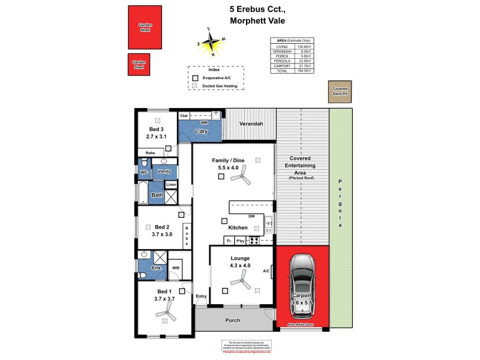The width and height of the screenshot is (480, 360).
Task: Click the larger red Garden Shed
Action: pos(145,27)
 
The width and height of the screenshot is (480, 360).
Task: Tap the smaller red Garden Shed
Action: pos(139,65)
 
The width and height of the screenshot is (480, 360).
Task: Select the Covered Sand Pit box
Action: pos(340,91)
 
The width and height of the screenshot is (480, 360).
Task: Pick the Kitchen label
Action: pos(238,228)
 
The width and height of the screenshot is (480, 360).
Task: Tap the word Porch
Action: pos(232,320)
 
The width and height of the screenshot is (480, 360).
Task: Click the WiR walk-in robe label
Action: pos(176,268)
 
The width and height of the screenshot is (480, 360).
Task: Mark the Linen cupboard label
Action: pos(171,184)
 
